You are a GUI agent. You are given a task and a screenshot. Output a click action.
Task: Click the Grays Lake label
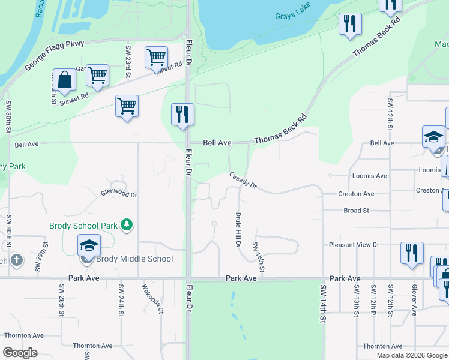pyautogui.click(x=292, y=16)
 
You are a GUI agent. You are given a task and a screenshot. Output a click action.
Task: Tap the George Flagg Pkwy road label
pyautogui.click(x=55, y=56)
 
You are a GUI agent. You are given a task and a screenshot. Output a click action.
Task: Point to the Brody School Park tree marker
pyautogui.click(x=126, y=225)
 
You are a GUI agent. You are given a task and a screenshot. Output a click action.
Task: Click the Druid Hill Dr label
pyautogui.click(x=238, y=229)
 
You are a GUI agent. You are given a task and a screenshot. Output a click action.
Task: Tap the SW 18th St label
pyautogui.click(x=258, y=254)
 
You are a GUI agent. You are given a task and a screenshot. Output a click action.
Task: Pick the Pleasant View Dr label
pyautogui.click(x=354, y=245)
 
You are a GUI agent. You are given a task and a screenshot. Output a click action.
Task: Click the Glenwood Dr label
pyautogui.click(x=119, y=194)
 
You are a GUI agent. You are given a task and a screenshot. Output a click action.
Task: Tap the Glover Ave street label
pyautogui.click(x=414, y=301)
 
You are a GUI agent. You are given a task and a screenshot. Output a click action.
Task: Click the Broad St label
pyautogui.click(x=356, y=211)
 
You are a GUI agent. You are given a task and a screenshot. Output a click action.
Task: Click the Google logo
pyautogui.click(x=20, y=353)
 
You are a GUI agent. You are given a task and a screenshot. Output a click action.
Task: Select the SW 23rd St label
pyautogui.click(x=128, y=59)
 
